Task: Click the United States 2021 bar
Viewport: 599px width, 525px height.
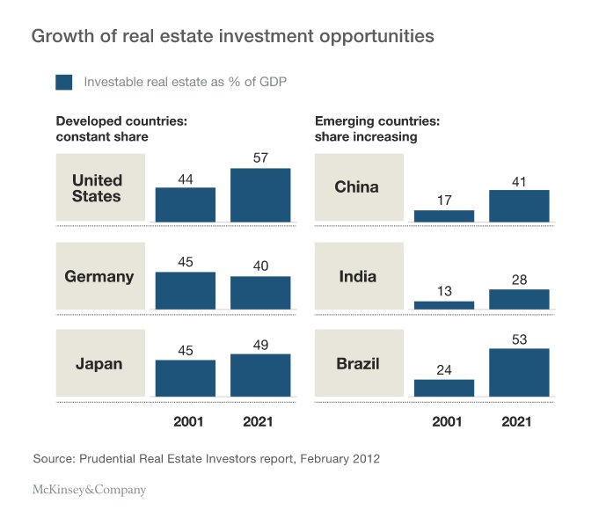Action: pos(260,194)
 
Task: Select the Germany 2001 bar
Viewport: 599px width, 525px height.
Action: pos(186,290)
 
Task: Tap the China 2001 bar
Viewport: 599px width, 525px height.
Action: pos(444,215)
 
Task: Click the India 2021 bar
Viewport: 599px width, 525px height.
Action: pos(519,299)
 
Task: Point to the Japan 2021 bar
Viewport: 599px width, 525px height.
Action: pos(260,375)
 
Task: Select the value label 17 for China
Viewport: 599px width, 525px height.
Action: pos(444,200)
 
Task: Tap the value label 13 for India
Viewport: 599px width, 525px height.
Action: pos(444,291)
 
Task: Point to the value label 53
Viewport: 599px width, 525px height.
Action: pos(519,338)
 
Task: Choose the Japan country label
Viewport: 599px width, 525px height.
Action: pos(99,364)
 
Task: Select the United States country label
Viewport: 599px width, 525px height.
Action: pos(98,188)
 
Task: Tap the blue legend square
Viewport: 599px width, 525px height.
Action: pos(64,83)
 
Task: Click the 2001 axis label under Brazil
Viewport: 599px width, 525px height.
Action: pos(444,422)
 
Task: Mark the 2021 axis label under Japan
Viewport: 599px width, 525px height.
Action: pos(260,422)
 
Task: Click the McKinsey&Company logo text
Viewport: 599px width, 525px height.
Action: pos(89,490)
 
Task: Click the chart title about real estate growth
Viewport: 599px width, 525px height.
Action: pos(232,37)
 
